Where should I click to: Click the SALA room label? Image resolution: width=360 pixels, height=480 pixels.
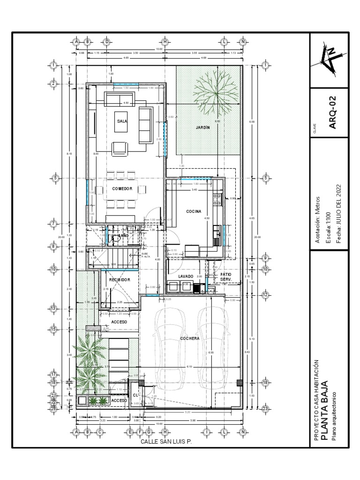click(123, 120)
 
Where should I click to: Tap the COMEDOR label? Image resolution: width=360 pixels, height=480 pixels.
click(122, 188)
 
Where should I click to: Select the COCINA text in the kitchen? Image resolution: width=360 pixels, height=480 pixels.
click(194, 212)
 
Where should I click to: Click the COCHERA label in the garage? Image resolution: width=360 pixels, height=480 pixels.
click(190, 338)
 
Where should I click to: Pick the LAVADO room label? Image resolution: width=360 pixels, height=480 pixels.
click(186, 277)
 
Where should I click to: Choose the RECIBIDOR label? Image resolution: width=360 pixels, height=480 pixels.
click(119, 279)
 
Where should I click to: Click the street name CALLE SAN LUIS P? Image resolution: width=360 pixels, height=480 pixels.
click(166, 442)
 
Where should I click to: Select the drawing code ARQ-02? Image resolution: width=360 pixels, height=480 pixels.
click(331, 112)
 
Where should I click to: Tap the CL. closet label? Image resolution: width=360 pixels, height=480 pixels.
click(135, 395)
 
